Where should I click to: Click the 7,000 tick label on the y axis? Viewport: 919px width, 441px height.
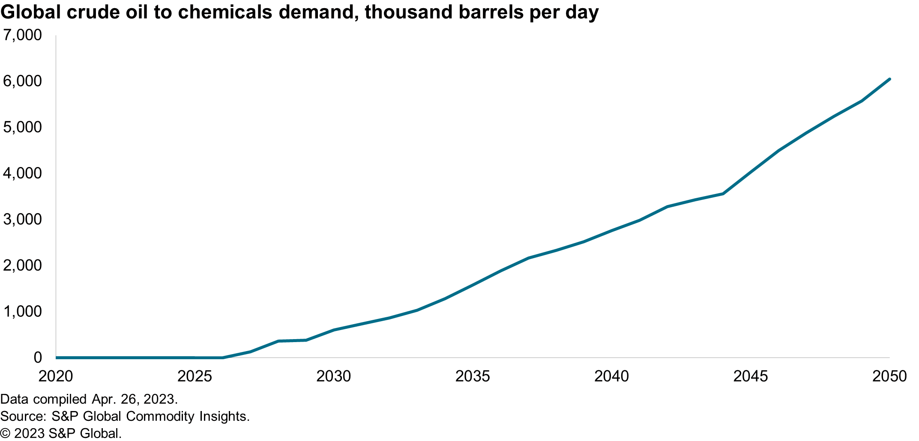(x=22, y=35)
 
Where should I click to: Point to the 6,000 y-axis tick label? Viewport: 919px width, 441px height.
(x=22, y=81)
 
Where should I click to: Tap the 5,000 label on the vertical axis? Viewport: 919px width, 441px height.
(x=22, y=127)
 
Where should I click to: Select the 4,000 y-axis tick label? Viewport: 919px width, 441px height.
(x=22, y=173)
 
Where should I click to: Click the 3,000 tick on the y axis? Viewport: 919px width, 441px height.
(x=22, y=219)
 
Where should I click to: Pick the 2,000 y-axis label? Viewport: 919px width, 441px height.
(x=22, y=265)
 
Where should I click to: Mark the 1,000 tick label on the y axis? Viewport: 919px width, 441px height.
(x=22, y=311)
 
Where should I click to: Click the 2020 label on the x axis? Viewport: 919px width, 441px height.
(x=56, y=376)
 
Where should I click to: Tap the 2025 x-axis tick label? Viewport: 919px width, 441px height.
(x=195, y=376)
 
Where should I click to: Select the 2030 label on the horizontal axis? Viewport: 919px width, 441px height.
(x=333, y=376)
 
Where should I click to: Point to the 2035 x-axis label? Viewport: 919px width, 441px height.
(x=472, y=376)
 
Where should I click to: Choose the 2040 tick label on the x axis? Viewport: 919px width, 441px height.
(x=611, y=376)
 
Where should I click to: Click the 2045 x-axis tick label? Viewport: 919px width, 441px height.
(x=751, y=376)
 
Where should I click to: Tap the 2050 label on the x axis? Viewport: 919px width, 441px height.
(x=889, y=376)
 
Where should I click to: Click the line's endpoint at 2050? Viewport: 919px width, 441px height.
(x=889, y=79)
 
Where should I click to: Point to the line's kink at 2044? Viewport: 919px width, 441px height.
(x=723, y=194)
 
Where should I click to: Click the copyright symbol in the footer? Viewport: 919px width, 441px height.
(x=5, y=433)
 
